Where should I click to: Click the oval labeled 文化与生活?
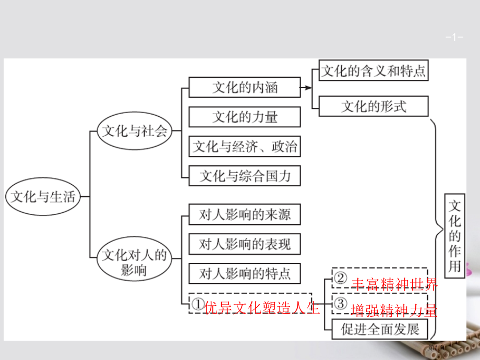point(43,196)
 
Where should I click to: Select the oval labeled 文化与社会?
point(135,131)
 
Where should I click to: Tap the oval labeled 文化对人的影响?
point(134,259)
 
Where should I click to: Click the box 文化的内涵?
point(245,87)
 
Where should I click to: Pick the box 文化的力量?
point(245,117)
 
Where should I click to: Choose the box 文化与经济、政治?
point(245,146)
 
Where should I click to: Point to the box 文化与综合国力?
point(245,176)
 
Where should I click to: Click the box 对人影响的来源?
point(245,214)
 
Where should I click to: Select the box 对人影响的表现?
point(245,244)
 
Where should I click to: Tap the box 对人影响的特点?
point(245,273)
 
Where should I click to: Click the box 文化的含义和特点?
point(374,70)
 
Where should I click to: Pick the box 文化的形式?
point(374,106)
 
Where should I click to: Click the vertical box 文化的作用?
point(454,236)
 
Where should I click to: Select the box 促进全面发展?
point(380,329)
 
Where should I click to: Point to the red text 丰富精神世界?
point(394,284)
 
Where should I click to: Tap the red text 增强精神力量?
point(394,310)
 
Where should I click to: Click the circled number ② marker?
point(340,278)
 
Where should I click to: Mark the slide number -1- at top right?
point(454,38)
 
